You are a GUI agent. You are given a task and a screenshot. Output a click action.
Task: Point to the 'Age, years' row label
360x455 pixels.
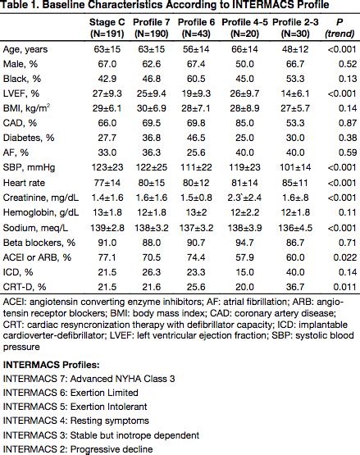click(x=27, y=48)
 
